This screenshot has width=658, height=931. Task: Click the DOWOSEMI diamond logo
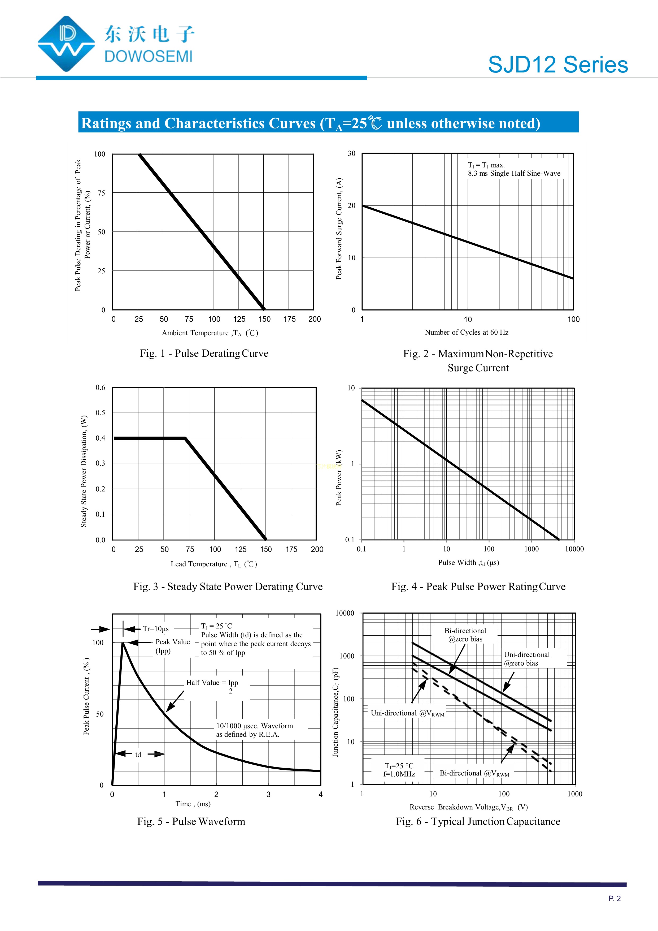(x=66, y=44)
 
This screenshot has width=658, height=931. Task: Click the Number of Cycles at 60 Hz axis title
(x=466, y=333)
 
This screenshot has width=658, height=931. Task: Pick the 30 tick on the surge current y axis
(x=351, y=154)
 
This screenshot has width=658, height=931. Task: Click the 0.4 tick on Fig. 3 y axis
(x=100, y=438)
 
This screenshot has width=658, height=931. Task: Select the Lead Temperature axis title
(x=213, y=564)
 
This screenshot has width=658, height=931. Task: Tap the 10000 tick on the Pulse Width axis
(x=574, y=549)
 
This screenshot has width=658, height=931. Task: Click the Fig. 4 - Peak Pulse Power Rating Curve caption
(x=478, y=587)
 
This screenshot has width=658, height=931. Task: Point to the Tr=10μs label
(x=156, y=629)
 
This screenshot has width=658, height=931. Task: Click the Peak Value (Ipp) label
(x=172, y=646)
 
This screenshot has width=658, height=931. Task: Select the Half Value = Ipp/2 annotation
(x=212, y=687)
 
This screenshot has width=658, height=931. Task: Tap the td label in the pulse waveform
(x=138, y=755)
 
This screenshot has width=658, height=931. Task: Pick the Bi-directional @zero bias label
(x=465, y=635)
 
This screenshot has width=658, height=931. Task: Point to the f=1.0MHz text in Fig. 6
(x=399, y=774)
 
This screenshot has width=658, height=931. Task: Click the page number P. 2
(x=614, y=899)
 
